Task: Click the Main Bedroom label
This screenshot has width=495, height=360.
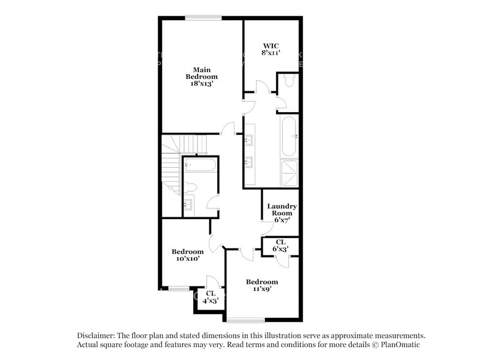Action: (201, 76)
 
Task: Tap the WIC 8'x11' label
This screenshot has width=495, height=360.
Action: (270, 50)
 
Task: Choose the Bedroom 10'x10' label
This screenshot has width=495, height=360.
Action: (187, 255)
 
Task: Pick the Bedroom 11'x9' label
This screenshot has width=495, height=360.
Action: (262, 285)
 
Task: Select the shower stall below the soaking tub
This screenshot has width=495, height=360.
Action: (289, 173)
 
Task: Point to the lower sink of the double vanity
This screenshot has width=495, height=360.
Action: (250, 163)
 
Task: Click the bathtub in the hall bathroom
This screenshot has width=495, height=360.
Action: (198, 165)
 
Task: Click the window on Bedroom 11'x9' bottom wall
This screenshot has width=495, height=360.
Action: (245, 320)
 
